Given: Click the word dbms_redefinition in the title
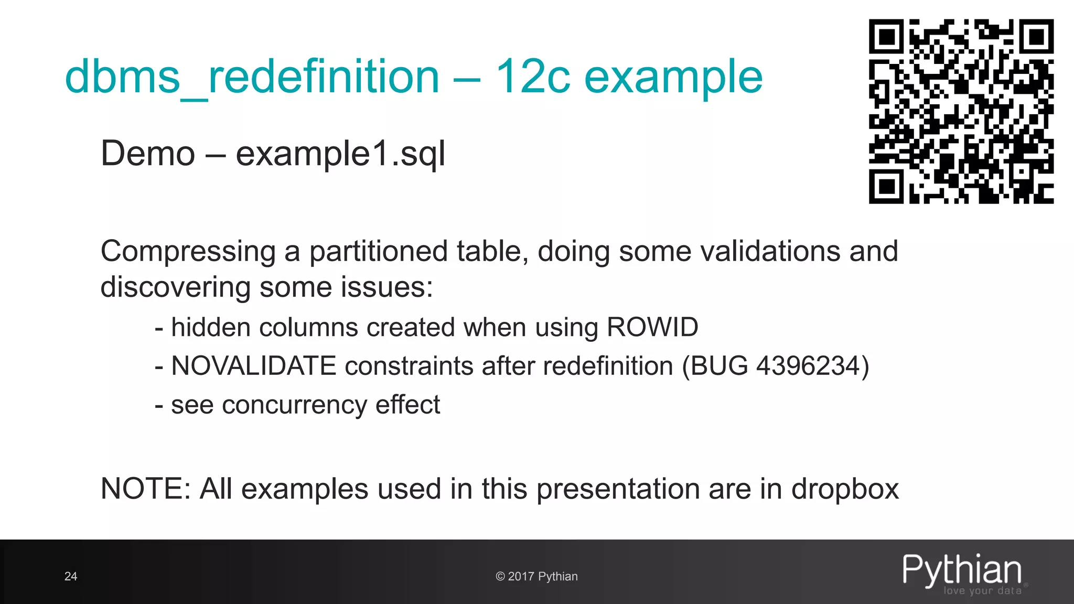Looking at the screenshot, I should [x=252, y=77].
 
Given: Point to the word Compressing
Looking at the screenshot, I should [x=188, y=252].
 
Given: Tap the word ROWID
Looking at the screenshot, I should [x=652, y=327].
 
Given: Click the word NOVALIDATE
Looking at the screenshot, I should [x=253, y=366].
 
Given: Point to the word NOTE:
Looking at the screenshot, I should [x=145, y=489].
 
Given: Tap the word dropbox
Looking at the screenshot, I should [x=845, y=489].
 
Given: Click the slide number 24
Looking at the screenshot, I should [x=71, y=576].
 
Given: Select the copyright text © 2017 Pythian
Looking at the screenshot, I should [x=536, y=576].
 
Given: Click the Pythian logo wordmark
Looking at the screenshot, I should [x=962, y=570].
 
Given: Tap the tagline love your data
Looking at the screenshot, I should [x=982, y=591].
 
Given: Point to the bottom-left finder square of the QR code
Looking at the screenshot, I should [x=887, y=186].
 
